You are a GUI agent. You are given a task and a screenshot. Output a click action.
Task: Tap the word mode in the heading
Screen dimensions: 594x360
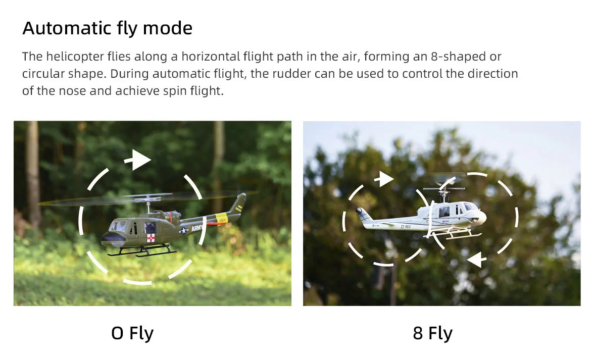[168, 28]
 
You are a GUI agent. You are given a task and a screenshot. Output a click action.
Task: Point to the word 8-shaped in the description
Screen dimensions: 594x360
[459, 57]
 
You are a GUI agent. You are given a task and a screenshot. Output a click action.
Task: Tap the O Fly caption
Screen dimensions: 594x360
[132, 333]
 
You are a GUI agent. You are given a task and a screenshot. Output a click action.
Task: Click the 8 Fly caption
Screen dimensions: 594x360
[432, 333]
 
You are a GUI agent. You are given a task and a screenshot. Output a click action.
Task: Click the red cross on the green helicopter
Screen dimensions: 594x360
[151, 238]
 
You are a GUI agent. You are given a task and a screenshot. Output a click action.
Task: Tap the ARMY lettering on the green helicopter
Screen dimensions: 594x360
[196, 228]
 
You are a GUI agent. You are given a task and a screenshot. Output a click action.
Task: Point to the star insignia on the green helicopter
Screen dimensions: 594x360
[183, 230]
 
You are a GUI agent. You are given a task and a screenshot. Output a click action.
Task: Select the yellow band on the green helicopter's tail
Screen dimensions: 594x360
[222, 219]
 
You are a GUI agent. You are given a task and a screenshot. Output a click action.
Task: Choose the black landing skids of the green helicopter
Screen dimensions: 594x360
[142, 251]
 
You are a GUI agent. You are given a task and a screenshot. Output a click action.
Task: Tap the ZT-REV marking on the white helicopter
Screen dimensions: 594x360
[405, 227]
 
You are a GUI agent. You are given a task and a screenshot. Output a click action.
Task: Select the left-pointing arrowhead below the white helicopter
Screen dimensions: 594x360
[477, 260]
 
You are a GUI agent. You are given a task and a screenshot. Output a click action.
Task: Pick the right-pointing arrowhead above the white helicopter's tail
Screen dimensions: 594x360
[384, 179]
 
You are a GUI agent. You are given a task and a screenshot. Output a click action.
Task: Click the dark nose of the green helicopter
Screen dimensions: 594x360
[110, 239]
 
